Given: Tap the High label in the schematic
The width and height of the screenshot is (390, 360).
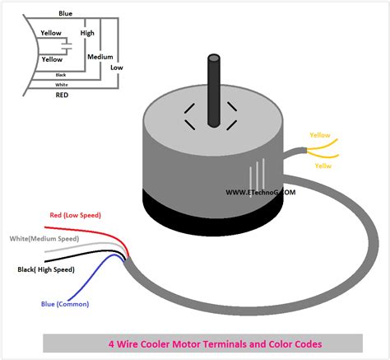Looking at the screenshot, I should click(87, 32).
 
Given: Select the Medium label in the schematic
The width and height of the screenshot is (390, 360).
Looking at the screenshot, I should click(100, 57).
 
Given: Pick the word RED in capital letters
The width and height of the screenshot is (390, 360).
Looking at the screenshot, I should click(63, 96).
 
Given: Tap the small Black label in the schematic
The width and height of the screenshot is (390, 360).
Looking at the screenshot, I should click(61, 75).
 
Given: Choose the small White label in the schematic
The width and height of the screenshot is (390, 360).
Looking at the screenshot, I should click(61, 85).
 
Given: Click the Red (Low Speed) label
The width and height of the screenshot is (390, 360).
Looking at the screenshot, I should click(75, 215).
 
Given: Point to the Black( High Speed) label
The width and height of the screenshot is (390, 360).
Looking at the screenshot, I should click(58, 269).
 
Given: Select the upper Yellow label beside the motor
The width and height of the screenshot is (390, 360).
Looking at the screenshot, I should click(320, 134).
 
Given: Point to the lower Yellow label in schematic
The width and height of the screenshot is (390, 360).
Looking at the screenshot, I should click(52, 59).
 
